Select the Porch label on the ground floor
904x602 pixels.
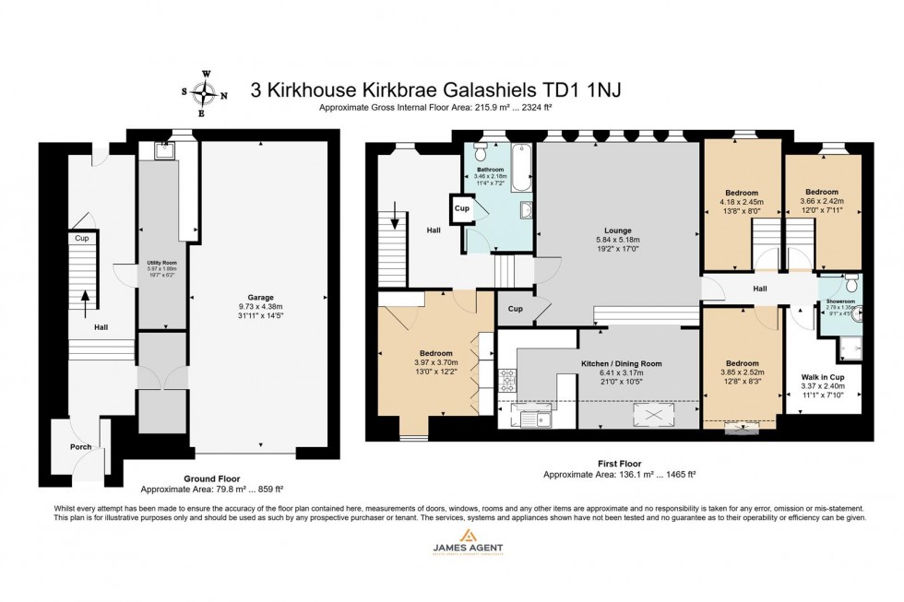click(80, 448)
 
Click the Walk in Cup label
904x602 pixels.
click(822, 376)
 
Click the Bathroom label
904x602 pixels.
click(490, 170)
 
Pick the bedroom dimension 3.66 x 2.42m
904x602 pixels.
click(822, 201)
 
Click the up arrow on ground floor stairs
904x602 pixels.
click(85, 300)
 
